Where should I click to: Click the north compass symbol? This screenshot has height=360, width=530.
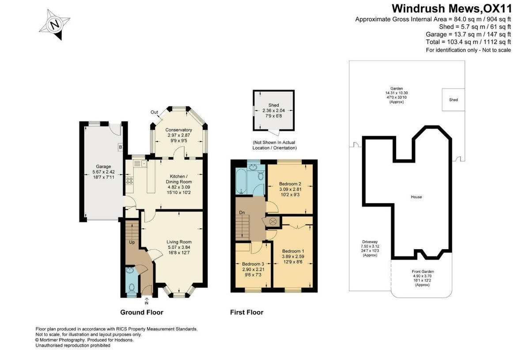click(x=55, y=25)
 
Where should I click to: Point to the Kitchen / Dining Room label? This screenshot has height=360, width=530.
click(x=178, y=182)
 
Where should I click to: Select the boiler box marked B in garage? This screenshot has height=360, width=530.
click(x=120, y=147)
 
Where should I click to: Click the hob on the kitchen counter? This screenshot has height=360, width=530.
click(x=130, y=180)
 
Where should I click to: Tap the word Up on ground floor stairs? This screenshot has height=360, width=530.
click(x=132, y=243)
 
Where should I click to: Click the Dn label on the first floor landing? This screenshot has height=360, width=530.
click(x=242, y=212)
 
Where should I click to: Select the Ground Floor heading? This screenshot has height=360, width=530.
click(x=142, y=312)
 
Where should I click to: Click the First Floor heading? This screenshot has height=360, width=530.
click(x=246, y=312)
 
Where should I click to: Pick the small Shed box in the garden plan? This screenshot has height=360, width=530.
click(x=453, y=100)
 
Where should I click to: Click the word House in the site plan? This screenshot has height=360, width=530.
click(x=416, y=197)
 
